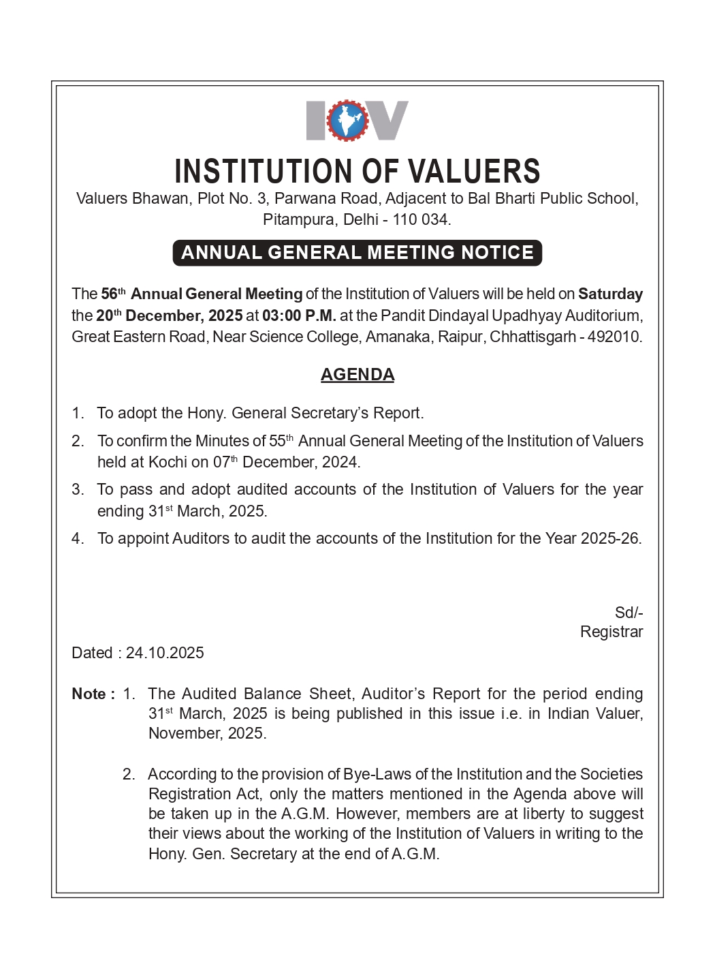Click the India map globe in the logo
pyautogui.click(x=347, y=121)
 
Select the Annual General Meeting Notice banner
pyautogui.click(x=357, y=253)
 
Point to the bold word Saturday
pyautogui.click(x=610, y=294)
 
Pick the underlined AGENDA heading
pyautogui.click(x=357, y=375)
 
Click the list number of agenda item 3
pyautogui.click(x=78, y=489)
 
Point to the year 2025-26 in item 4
pyautogui.click(x=610, y=538)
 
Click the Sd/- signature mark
pyautogui.click(x=629, y=613)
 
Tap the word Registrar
pyautogui.click(x=611, y=632)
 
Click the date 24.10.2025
pyautogui.click(x=165, y=653)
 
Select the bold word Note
pyautogui.click(x=89, y=694)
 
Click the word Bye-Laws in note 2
pyautogui.click(x=377, y=774)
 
